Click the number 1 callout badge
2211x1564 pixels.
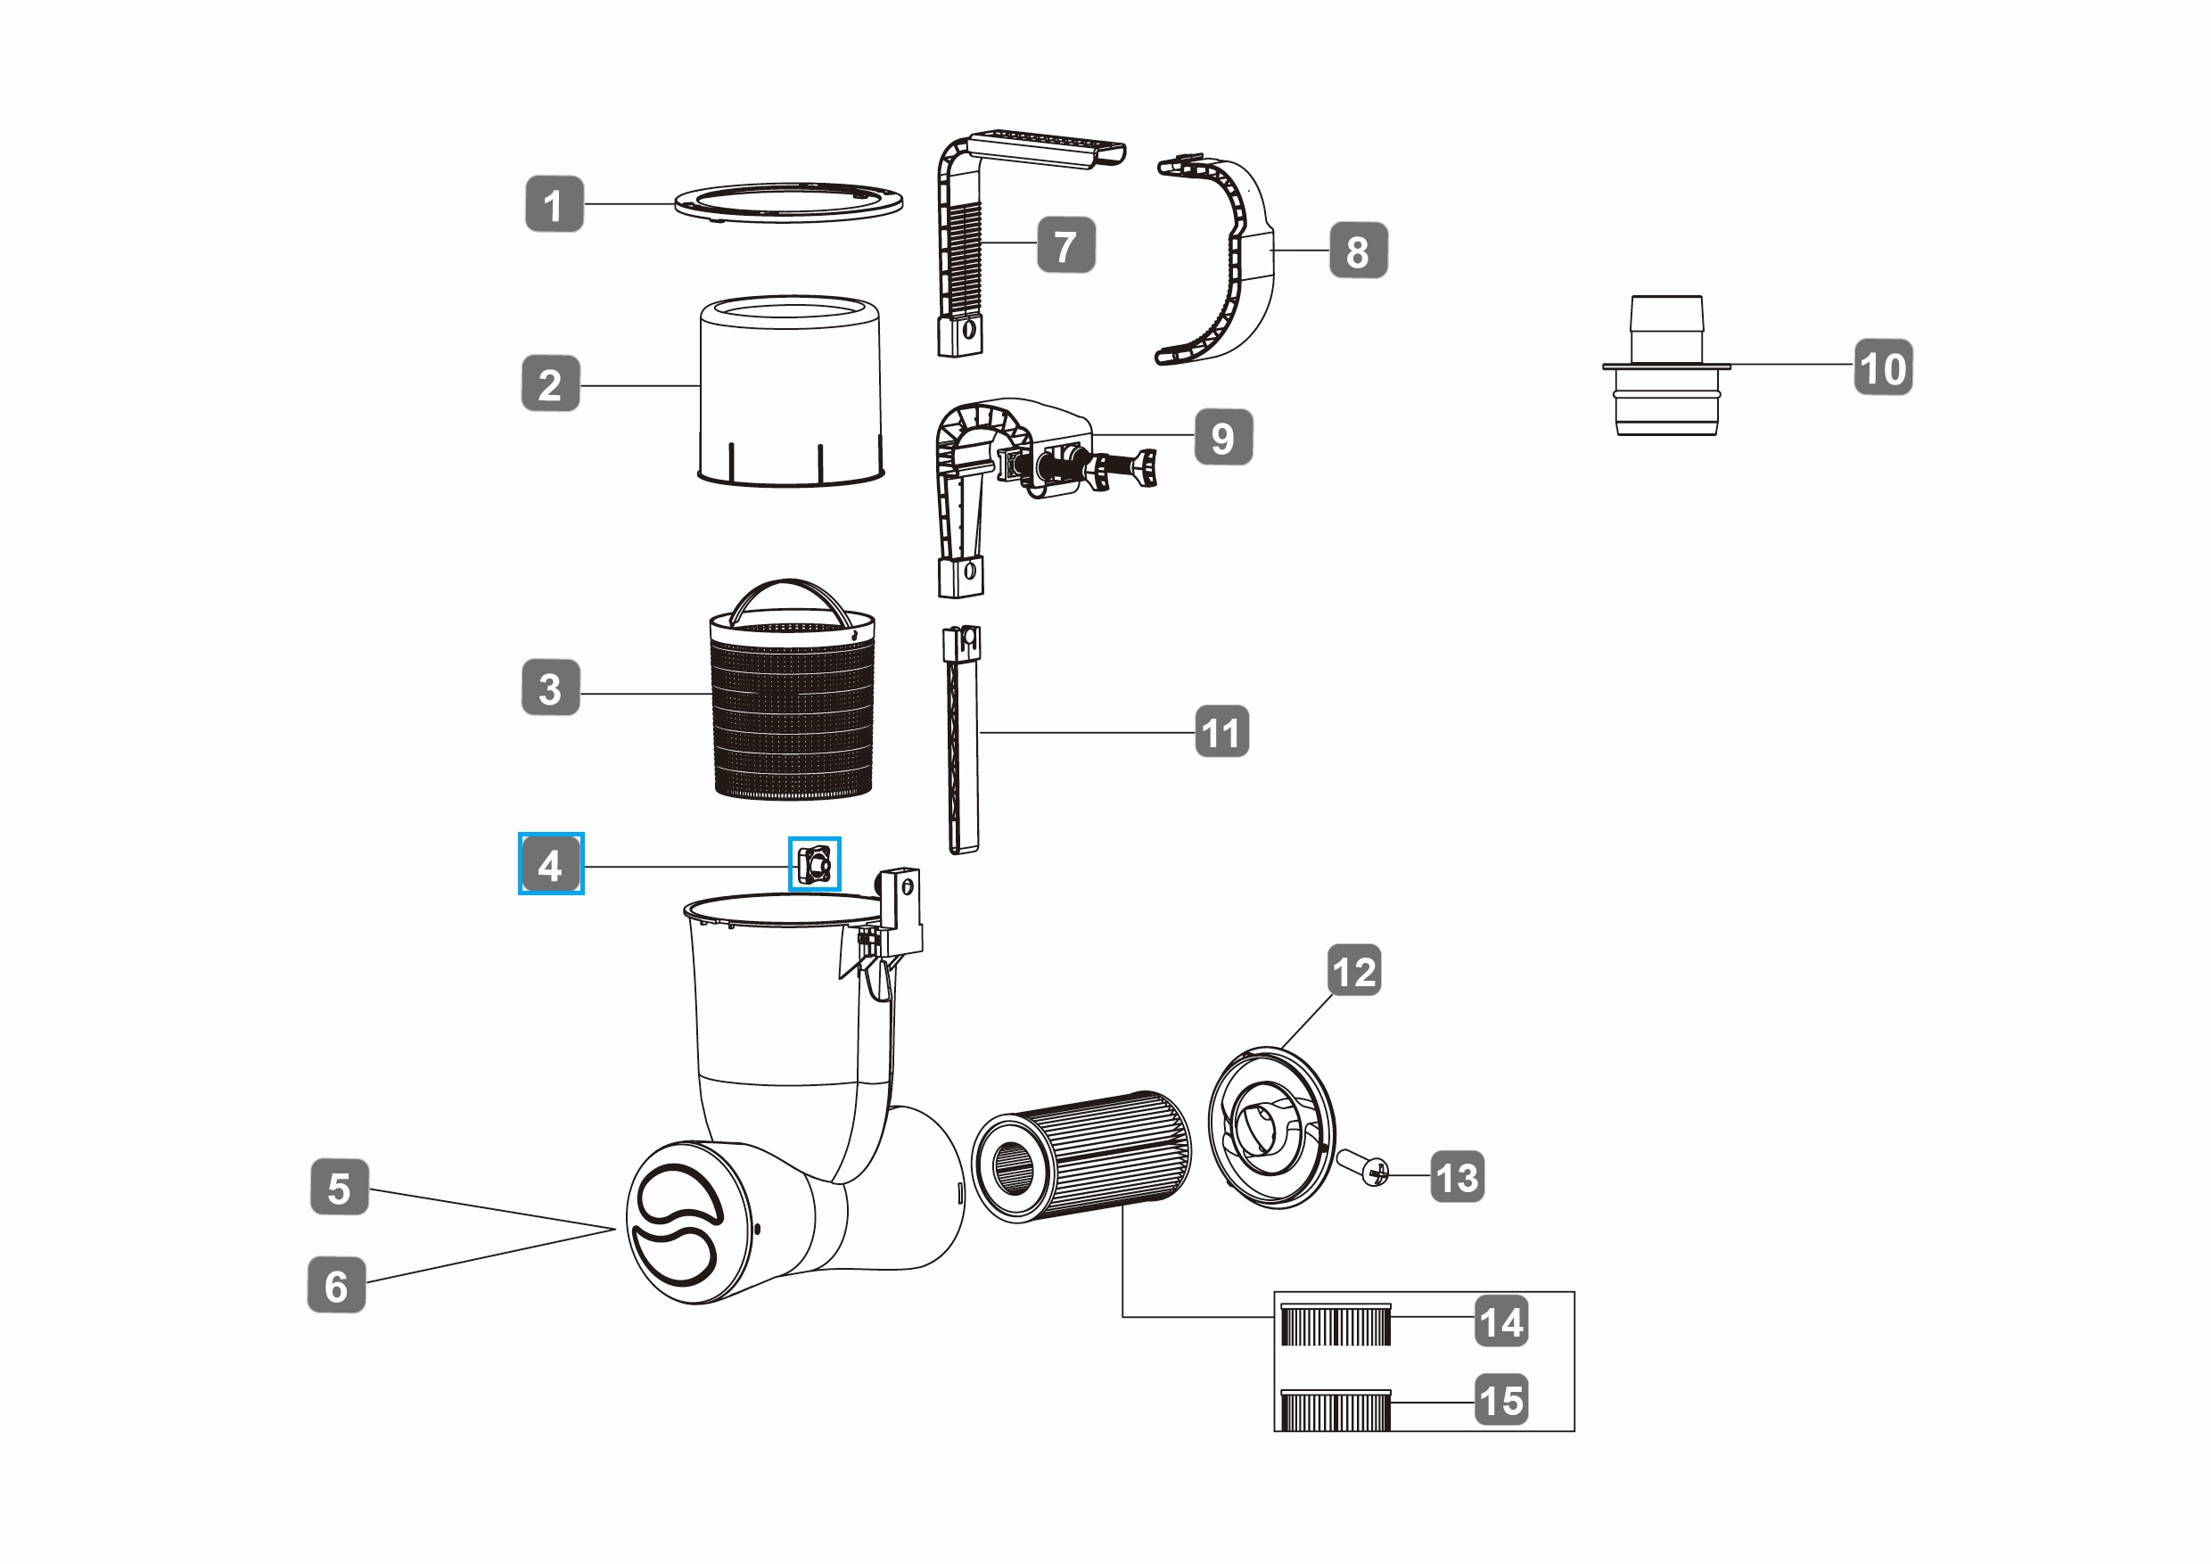pyautogui.click(x=554, y=204)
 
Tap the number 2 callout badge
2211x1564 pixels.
pyautogui.click(x=550, y=384)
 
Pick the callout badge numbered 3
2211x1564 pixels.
pyautogui.click(x=550, y=687)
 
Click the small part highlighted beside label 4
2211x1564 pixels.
pyautogui.click(x=814, y=864)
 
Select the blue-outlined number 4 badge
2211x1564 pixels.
pyautogui.click(x=551, y=864)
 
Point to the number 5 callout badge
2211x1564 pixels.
pyautogui.click(x=339, y=1188)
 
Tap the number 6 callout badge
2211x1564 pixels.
pyautogui.click(x=336, y=1285)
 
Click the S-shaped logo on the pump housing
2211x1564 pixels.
pyautogui.click(x=676, y=1224)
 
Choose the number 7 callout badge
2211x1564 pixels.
pyautogui.click(x=1066, y=245)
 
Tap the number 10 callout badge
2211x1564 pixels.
pyautogui.click(x=1884, y=366)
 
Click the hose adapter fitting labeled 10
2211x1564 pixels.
pyautogui.click(x=1666, y=366)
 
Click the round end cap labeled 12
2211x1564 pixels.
pyautogui.click(x=1271, y=1128)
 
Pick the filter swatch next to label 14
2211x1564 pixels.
pyautogui.click(x=1336, y=1324)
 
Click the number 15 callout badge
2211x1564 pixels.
pyautogui.click(x=1502, y=1400)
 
